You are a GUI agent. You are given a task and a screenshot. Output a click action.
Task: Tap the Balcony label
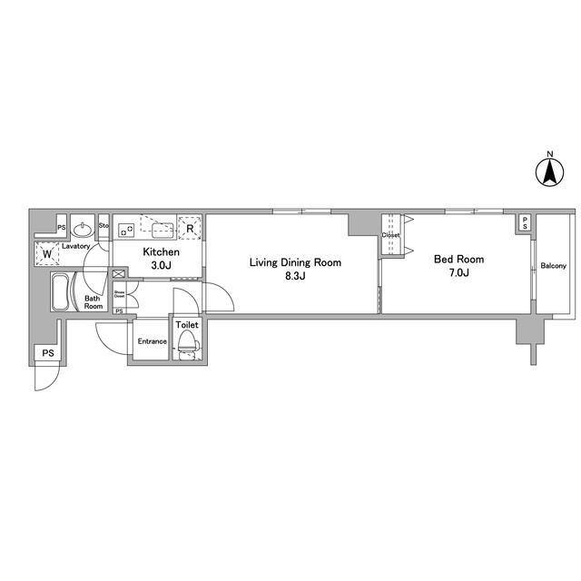coord(553,266)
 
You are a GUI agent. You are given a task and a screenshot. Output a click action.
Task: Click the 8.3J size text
coord(295,276)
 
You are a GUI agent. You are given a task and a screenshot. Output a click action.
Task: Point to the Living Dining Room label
coord(296,263)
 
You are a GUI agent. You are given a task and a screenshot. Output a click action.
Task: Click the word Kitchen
coord(161,252)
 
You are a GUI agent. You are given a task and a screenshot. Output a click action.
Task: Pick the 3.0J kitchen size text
coord(161,265)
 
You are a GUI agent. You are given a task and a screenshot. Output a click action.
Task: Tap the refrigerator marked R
coord(191,228)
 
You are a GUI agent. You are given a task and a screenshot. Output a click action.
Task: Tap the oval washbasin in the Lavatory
coord(83,228)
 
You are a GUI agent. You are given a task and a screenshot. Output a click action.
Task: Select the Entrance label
coord(152,341)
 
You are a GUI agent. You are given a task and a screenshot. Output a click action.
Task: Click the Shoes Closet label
coord(120,293)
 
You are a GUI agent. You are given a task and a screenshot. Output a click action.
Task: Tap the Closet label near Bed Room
coord(390,234)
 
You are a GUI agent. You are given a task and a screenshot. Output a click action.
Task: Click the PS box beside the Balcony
coord(525,223)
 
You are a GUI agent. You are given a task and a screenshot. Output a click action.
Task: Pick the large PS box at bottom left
coord(48,353)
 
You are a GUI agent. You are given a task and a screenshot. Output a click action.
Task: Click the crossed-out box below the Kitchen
coord(120,273)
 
